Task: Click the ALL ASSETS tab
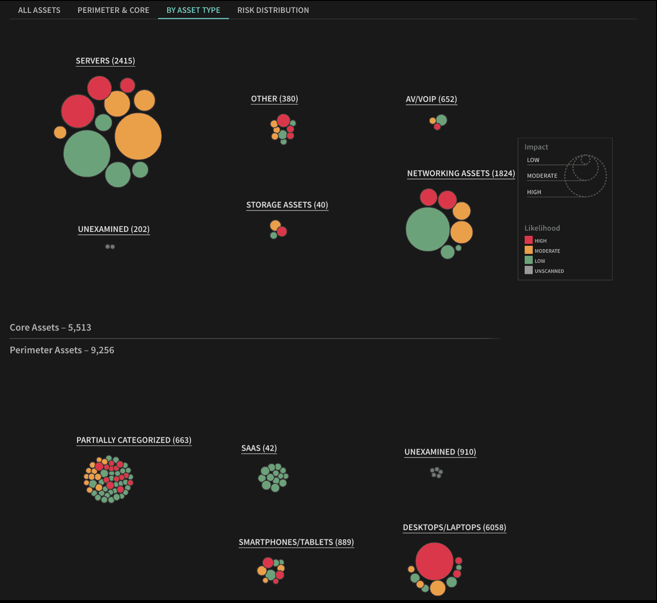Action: [x=39, y=10]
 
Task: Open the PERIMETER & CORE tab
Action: [x=113, y=10]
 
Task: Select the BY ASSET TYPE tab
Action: [x=193, y=10]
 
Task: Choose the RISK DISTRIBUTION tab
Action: [x=273, y=10]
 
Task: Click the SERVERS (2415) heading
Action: [x=105, y=61]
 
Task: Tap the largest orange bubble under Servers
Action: [x=138, y=136]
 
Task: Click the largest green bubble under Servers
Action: [x=87, y=154]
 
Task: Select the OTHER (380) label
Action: [x=274, y=99]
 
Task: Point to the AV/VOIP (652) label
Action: [x=431, y=100]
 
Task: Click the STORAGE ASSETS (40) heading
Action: [x=287, y=205]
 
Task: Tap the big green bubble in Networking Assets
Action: [x=428, y=229]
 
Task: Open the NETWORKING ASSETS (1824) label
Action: [x=461, y=173]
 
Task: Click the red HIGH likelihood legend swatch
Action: [x=528, y=240]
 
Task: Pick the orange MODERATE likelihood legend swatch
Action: [x=528, y=250]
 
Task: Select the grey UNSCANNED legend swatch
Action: [x=528, y=270]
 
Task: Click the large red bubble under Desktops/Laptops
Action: [x=434, y=561]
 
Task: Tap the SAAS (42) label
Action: [x=259, y=448]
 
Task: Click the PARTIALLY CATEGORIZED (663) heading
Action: [x=134, y=440]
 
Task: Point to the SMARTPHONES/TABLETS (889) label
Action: [x=296, y=542]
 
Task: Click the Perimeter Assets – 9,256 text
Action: [x=62, y=350]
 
